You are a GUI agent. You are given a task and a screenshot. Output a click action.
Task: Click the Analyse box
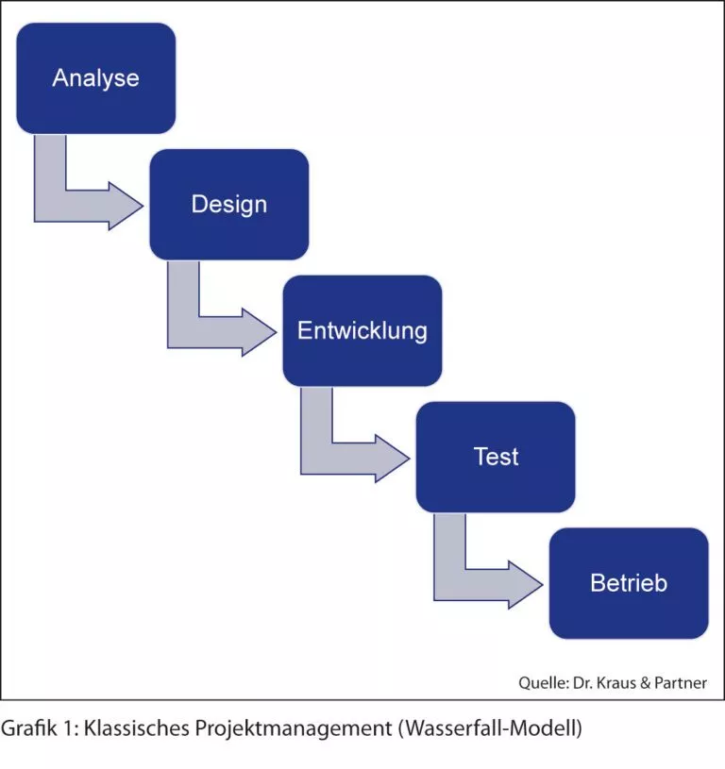(x=96, y=78)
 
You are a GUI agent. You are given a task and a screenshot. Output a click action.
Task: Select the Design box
(x=229, y=205)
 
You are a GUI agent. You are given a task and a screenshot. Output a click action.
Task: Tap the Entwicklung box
(x=362, y=330)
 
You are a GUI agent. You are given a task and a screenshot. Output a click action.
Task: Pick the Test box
(x=496, y=457)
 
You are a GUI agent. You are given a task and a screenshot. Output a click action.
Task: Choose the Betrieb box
(x=629, y=583)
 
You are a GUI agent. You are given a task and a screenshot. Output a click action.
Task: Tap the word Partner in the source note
(x=681, y=683)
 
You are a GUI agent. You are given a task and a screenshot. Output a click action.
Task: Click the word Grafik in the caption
(x=29, y=727)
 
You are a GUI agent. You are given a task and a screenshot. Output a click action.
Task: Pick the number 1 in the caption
(x=69, y=727)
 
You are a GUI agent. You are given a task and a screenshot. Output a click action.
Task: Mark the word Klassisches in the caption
(x=136, y=727)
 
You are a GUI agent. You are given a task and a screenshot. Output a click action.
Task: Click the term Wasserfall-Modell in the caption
(x=491, y=728)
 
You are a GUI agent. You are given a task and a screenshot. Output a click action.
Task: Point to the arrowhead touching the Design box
(x=126, y=206)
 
